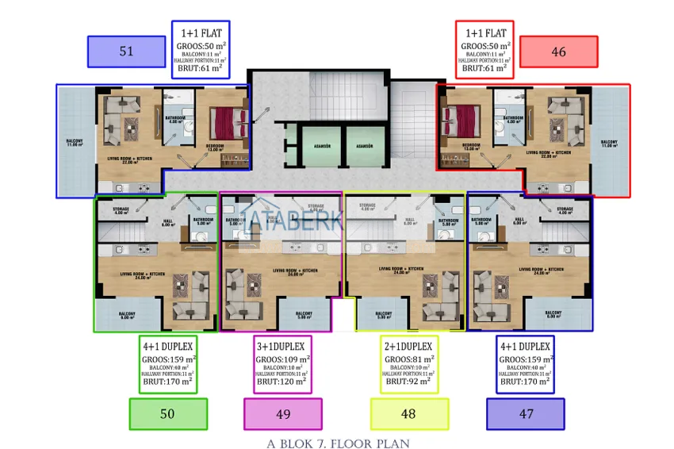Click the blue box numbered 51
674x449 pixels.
126,52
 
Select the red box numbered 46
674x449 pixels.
558,52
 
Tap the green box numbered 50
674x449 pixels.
167,413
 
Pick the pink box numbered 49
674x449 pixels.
282,413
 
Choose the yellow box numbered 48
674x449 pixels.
409,413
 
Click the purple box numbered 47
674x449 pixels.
525,413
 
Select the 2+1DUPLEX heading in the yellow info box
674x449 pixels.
409,347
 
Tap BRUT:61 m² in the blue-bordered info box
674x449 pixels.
201,69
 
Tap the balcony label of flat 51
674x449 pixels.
76,144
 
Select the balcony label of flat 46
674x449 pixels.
608,144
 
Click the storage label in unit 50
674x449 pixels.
121,210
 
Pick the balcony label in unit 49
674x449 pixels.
304,315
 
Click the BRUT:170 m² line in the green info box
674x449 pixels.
167,382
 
